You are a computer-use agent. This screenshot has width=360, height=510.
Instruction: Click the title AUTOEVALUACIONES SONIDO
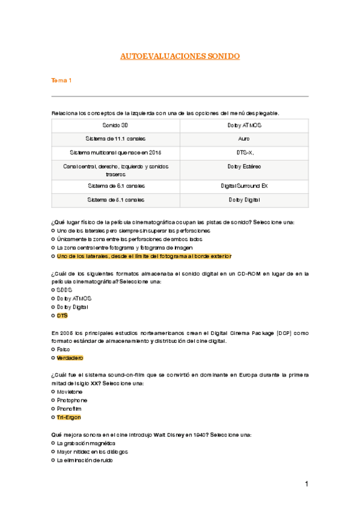pos(180,57)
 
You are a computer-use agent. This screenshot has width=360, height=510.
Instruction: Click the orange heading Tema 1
pos(61,81)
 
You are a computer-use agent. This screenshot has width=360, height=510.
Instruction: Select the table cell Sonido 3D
pos(115,125)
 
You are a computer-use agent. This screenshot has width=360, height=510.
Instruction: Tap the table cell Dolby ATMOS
pos(244,125)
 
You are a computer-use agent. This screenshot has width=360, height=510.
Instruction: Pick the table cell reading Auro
pos(244,138)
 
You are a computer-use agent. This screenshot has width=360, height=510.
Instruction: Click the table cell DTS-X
pos(244,152)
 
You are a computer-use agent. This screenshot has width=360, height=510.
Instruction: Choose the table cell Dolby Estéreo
pos(244,166)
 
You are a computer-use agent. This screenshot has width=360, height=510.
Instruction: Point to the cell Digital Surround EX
pos(244,185)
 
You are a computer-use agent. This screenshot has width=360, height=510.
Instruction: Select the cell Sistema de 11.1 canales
pos(115,138)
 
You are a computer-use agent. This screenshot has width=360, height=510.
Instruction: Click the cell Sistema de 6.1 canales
pos(115,185)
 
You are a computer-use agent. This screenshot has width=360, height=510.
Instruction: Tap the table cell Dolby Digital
pos(244,199)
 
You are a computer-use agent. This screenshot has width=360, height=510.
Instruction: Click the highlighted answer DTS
pos(62,315)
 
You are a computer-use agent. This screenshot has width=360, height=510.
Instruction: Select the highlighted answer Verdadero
pos(70,358)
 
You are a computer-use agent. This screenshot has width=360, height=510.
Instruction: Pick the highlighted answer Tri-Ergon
pos(69,417)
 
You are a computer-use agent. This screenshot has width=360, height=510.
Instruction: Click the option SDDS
pos(64,290)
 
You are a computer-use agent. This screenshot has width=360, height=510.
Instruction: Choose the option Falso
pos(63,349)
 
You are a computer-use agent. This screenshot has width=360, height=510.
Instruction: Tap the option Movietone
pos(70,392)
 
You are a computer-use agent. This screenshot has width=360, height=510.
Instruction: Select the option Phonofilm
pos(70,408)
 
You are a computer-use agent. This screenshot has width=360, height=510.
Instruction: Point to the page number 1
pos(306,484)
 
